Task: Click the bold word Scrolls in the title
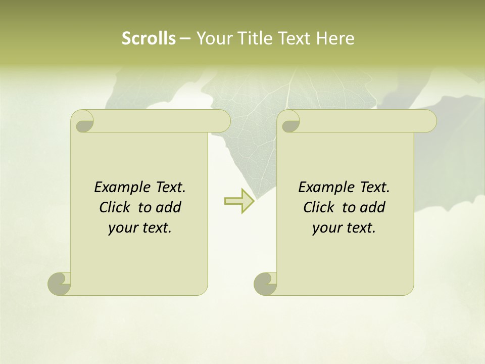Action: point(149,38)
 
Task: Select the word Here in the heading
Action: point(335,38)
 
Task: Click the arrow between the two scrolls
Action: point(239,201)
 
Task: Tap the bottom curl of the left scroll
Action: point(60,284)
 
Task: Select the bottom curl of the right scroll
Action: point(266,284)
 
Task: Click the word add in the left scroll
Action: point(168,208)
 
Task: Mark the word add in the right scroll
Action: point(372,208)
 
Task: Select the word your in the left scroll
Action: point(122,229)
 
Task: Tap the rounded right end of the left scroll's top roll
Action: point(223,121)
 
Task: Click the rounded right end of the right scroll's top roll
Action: point(429,121)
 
